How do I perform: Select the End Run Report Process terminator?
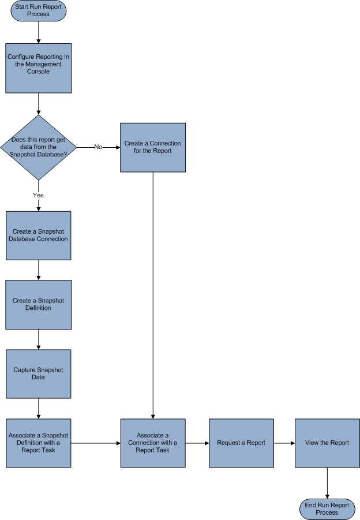click(327, 508)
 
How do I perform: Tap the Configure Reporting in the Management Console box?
click(39, 68)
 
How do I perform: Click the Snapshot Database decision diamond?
click(39, 147)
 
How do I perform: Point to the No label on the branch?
click(98, 147)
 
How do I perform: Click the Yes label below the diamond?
click(38, 195)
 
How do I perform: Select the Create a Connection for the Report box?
click(153, 147)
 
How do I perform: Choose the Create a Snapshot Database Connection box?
click(39, 235)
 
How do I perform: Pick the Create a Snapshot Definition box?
click(39, 305)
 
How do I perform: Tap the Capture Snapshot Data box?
click(39, 373)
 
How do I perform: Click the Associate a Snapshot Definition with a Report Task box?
click(39, 443)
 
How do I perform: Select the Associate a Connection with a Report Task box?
click(153, 443)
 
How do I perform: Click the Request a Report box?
click(241, 443)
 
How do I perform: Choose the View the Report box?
click(327, 443)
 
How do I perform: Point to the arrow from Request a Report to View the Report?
click(284, 443)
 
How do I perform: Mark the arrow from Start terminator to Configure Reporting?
click(39, 33)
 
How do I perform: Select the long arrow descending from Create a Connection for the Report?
click(153, 294)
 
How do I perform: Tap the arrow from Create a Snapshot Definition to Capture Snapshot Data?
click(39, 339)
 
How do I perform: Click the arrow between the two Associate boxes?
click(96, 443)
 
